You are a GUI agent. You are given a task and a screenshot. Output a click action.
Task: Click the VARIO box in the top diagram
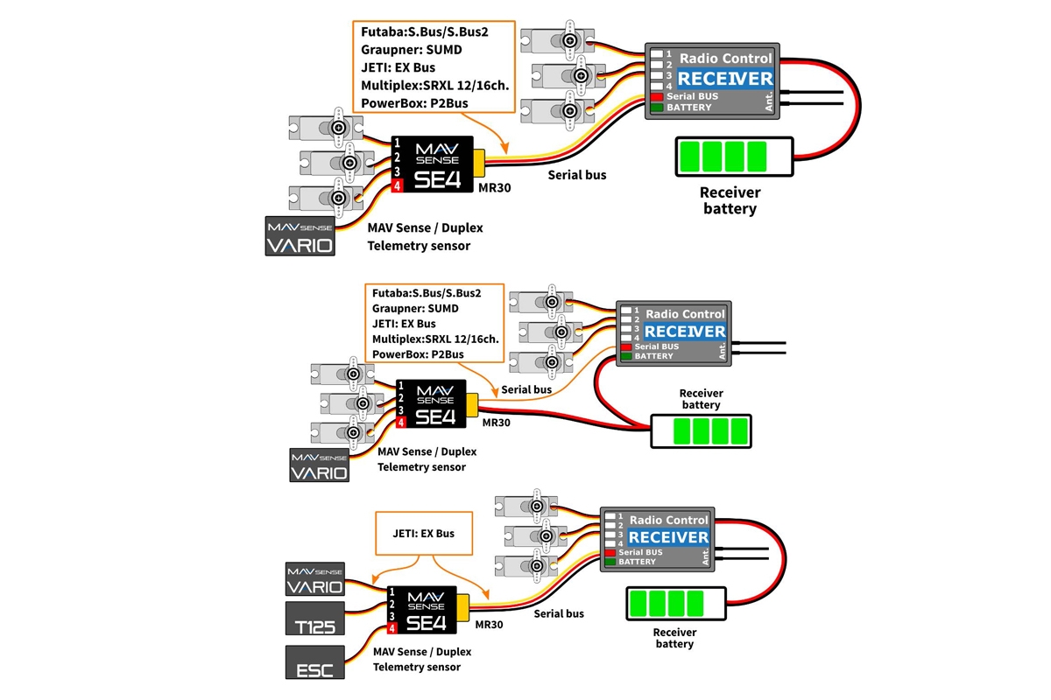click(300, 236)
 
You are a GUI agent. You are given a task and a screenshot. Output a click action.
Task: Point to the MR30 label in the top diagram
click(496, 187)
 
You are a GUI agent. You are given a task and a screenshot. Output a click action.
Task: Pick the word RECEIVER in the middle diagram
click(685, 331)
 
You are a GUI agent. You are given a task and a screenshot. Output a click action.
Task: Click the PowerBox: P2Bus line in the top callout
click(414, 103)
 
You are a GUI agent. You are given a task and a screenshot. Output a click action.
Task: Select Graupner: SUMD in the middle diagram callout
click(415, 308)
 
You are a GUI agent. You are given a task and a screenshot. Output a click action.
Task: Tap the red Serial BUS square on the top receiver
click(656, 95)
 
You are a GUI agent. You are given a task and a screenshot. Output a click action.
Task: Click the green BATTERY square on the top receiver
click(656, 108)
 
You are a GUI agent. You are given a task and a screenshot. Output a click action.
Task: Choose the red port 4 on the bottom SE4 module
click(392, 628)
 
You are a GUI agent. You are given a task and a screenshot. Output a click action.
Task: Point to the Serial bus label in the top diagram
click(577, 175)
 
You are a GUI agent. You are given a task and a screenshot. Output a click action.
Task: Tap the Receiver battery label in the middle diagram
click(701, 399)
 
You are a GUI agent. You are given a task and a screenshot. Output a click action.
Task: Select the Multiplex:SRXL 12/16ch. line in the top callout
click(434, 85)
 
